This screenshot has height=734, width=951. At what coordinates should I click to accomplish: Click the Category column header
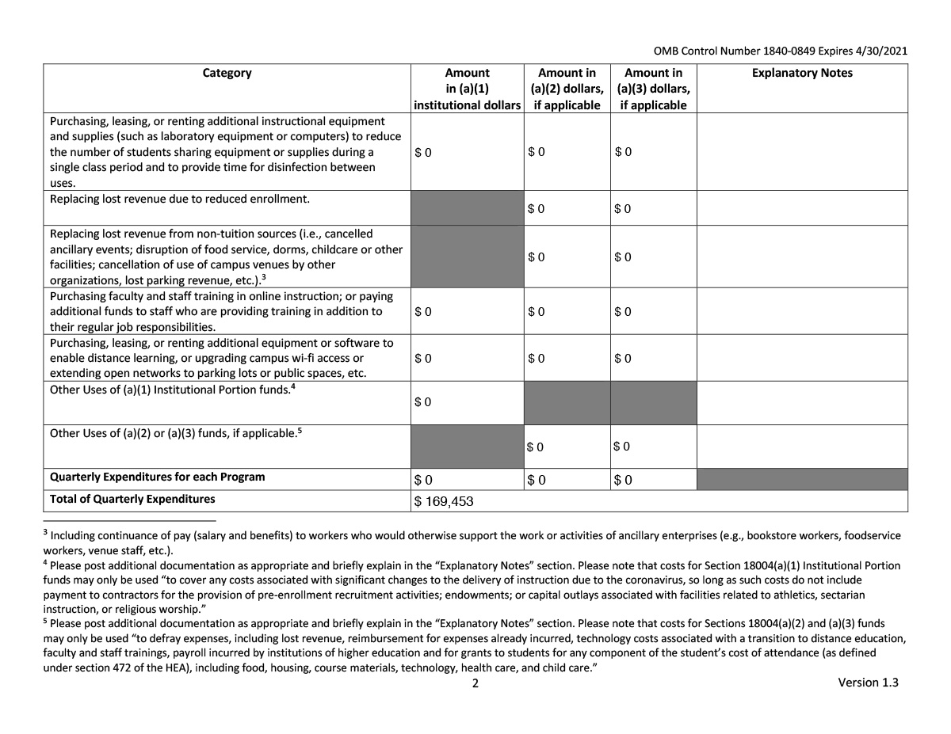(227, 73)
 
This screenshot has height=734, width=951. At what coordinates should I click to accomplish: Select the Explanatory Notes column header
(802, 73)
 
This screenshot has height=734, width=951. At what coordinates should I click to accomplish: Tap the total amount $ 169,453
(445, 501)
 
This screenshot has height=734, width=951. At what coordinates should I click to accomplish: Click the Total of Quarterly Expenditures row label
(132, 499)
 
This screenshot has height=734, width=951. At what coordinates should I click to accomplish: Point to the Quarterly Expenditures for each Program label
(157, 477)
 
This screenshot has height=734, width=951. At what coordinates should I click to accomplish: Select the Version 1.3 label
(868, 683)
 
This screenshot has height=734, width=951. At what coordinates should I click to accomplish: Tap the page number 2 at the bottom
(475, 684)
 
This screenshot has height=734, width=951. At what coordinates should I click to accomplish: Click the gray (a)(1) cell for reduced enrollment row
(467, 208)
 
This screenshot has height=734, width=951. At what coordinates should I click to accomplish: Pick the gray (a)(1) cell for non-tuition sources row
(467, 257)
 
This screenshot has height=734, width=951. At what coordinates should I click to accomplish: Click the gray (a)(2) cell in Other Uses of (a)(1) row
(567, 402)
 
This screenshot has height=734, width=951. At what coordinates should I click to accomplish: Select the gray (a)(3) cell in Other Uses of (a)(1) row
(653, 402)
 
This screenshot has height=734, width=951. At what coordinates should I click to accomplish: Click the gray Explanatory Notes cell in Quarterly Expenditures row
(802, 479)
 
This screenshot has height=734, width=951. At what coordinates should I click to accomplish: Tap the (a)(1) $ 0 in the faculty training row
(423, 311)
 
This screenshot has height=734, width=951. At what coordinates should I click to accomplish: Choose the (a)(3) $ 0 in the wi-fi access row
(624, 358)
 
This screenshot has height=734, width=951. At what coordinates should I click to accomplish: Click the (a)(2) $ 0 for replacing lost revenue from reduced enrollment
(537, 209)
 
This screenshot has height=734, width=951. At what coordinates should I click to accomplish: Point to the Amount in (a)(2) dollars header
(567, 89)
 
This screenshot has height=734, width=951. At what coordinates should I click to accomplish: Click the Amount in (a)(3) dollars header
(653, 89)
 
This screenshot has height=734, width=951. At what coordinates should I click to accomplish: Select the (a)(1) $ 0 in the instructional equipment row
(423, 152)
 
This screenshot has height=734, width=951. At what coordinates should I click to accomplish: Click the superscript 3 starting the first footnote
(45, 533)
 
